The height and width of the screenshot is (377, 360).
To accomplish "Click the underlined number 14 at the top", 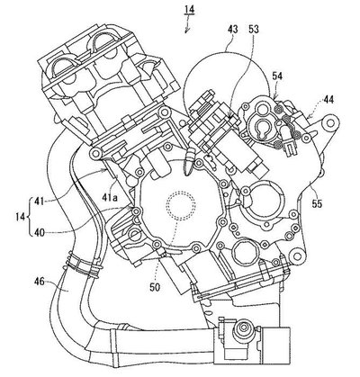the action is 189,10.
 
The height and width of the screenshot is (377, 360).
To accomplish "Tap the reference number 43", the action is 232,29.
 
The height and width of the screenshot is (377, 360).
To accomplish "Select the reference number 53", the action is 254,29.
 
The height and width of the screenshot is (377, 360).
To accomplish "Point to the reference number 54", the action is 277,76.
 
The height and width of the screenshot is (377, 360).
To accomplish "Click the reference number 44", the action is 328,99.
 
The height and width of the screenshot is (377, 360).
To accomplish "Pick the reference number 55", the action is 317,203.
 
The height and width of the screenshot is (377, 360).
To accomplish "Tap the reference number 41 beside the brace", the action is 39,202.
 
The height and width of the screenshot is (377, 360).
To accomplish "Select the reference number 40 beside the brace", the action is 39,232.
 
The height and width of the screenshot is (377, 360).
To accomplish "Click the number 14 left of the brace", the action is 20,217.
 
